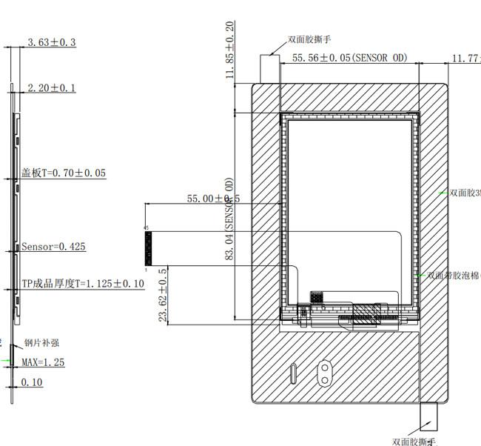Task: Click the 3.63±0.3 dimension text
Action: click(52, 43)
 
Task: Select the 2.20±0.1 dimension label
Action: click(52, 88)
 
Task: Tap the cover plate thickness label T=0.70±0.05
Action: click(64, 173)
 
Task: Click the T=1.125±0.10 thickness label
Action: click(82, 284)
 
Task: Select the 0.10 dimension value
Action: click(32, 382)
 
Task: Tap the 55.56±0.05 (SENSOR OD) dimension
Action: click(350, 58)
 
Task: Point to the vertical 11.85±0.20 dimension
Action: click(230, 50)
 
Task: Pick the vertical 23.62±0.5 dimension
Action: click(163, 296)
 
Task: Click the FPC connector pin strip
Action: click(148, 248)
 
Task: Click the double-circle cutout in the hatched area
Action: click(324, 373)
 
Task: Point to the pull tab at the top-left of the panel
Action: click(269, 68)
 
